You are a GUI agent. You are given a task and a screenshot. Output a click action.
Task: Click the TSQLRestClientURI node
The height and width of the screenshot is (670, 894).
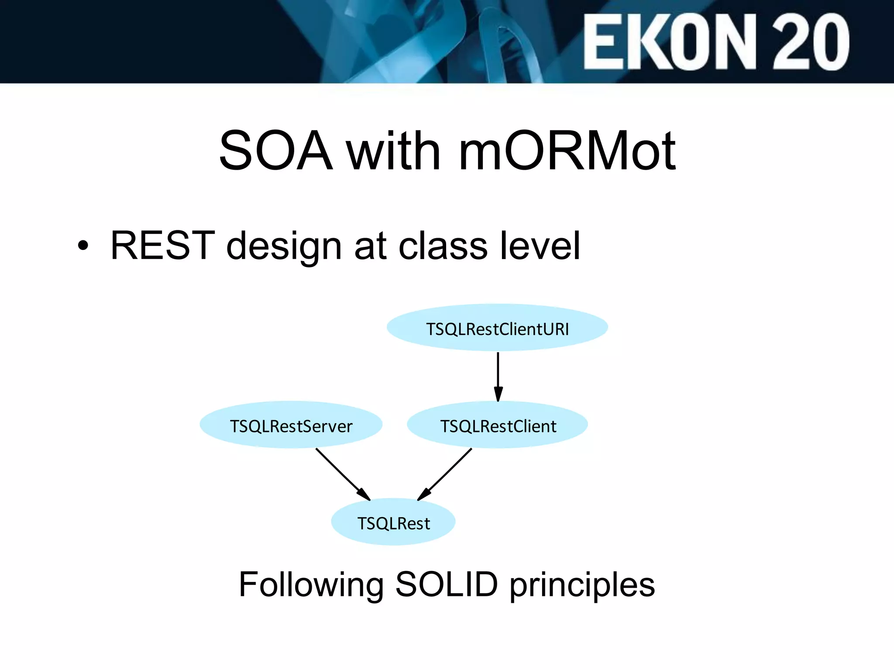[x=497, y=328]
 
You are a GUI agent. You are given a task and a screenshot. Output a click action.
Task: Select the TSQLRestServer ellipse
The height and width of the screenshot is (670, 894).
[x=291, y=425]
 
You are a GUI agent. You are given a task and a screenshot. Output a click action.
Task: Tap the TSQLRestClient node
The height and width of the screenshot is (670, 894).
[x=498, y=425]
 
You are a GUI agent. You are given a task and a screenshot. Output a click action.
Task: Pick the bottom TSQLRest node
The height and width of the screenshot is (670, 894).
[x=393, y=523]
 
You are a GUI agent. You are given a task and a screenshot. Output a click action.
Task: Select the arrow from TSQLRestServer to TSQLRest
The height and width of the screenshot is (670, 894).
[x=343, y=474]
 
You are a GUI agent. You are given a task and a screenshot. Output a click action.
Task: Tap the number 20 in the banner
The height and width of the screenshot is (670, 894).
[x=811, y=42]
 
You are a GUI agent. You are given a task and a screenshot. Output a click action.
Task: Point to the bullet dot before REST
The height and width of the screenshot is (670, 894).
[x=83, y=246]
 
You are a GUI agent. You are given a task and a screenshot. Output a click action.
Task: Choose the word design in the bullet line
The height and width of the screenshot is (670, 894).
[x=284, y=247]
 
